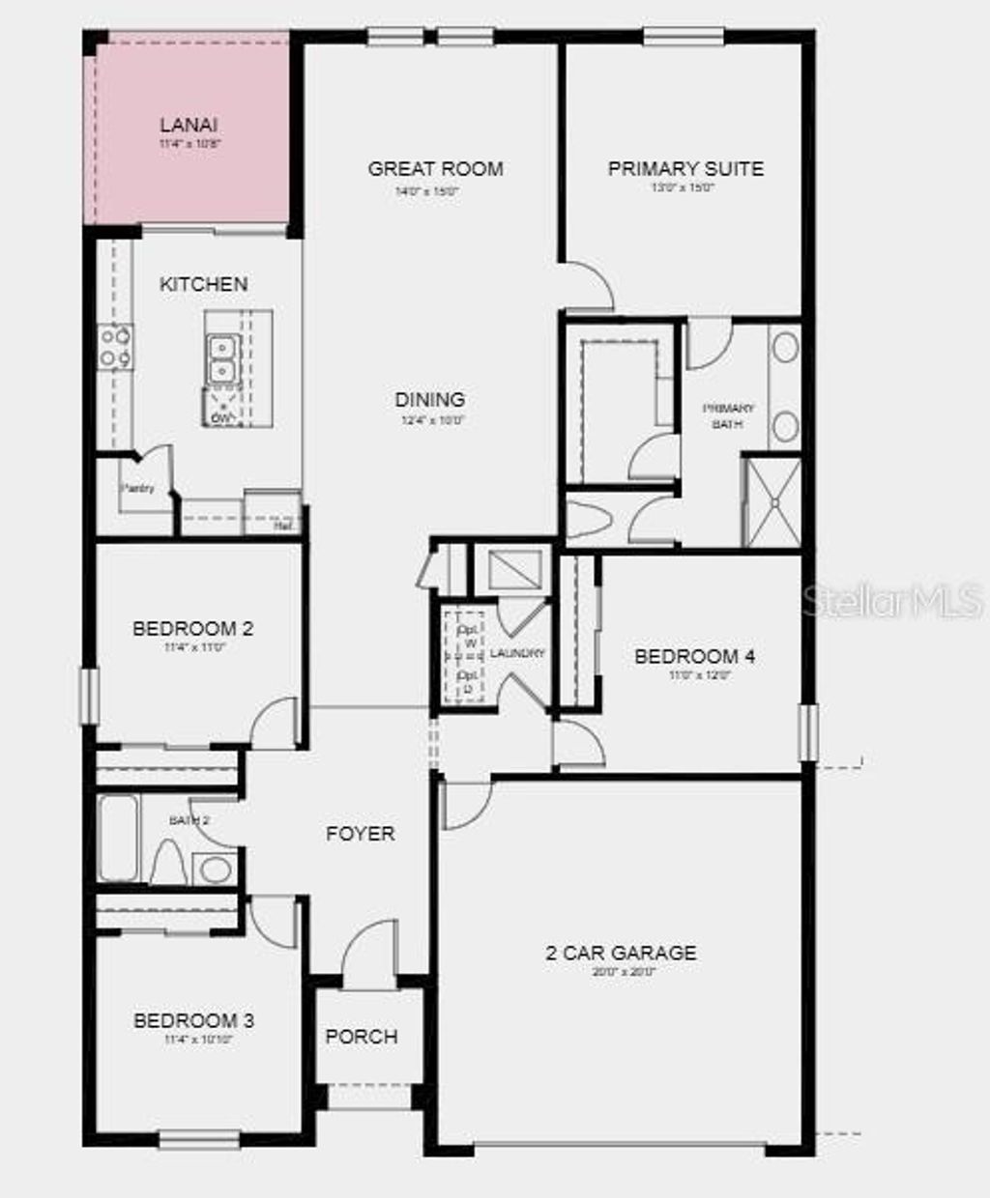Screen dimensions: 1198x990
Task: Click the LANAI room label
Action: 189,125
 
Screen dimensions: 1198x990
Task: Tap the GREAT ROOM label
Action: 435,168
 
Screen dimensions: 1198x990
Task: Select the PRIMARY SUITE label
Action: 685,168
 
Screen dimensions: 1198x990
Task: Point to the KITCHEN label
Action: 203,284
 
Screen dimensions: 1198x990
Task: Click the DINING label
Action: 430,399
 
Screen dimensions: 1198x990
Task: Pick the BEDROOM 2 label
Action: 192,629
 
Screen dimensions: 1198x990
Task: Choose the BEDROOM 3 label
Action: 193,1020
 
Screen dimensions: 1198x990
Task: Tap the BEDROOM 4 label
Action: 694,657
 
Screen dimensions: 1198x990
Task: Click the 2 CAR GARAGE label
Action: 621,953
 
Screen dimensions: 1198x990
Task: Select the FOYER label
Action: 360,833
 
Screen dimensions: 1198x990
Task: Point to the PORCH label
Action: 362,1037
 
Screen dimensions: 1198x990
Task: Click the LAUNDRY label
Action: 517,654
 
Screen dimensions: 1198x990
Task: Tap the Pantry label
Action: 137,489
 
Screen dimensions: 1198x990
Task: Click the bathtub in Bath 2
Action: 118,838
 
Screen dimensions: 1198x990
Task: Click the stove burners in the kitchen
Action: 116,347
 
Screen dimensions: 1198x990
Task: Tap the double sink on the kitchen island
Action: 223,358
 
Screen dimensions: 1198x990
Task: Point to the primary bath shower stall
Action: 772,502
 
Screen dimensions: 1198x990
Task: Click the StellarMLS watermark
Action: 892,601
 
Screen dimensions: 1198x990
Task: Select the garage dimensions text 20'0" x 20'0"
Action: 624,973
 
